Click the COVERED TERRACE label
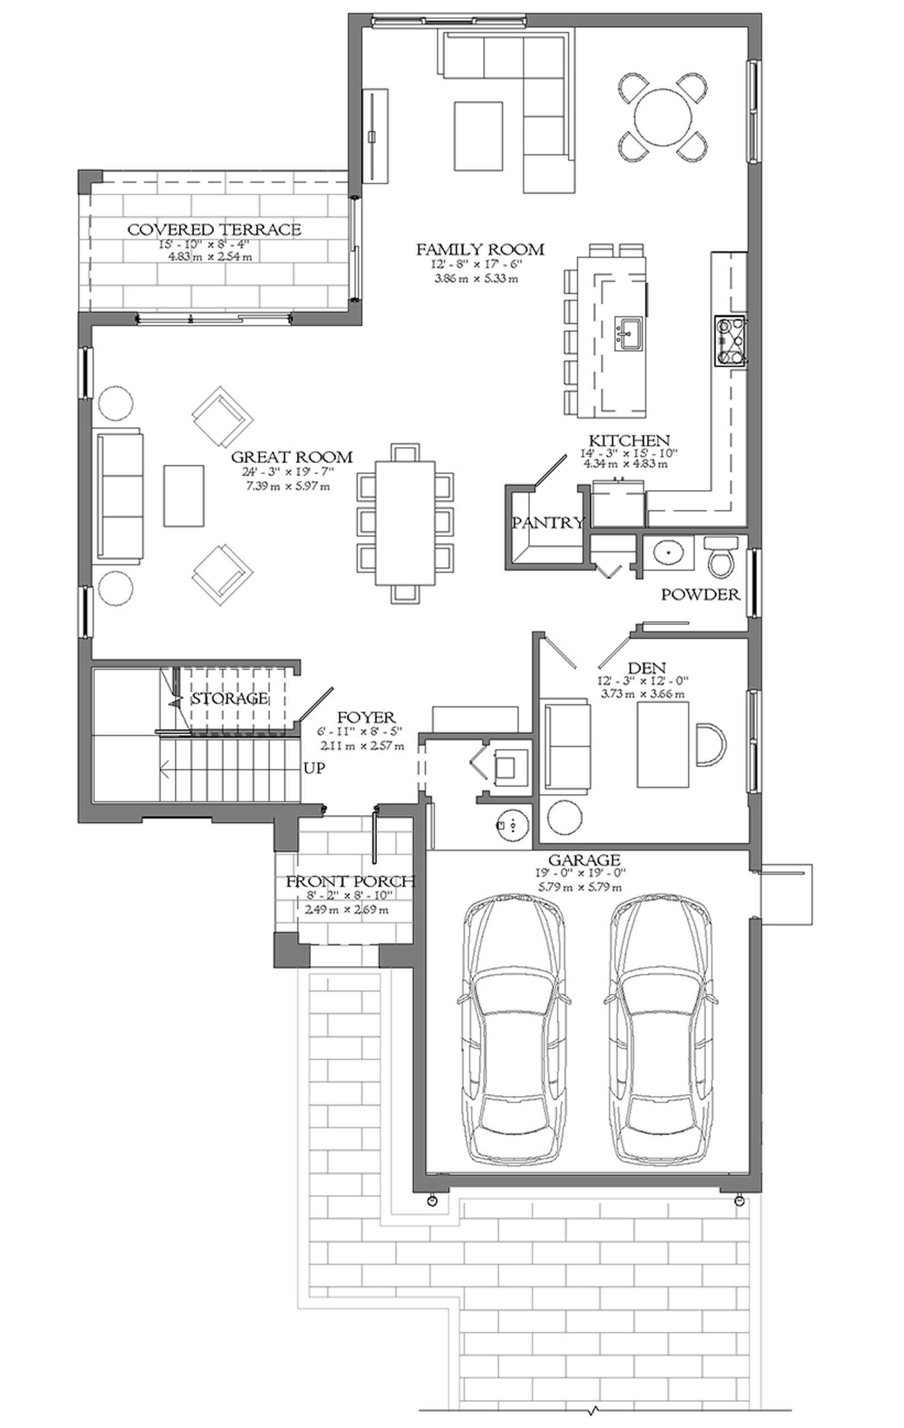pos(215,229)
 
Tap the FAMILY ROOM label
pos(480,248)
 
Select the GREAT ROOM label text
pos(291,457)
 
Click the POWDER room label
pos(701,594)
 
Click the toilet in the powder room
pos(721,555)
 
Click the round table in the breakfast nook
pos(663,117)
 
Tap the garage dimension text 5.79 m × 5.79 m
pos(579,887)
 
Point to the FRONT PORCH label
pos(350,882)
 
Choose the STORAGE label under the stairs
pos(230,698)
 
